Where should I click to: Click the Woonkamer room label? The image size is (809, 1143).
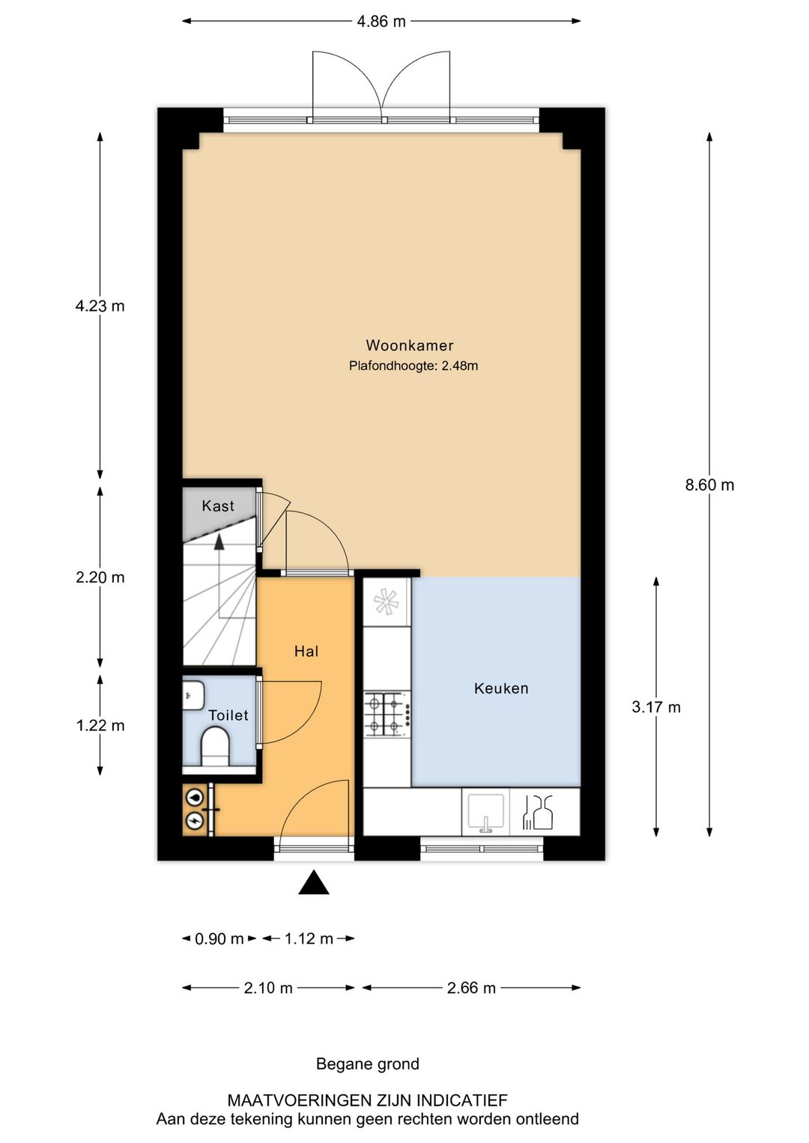click(409, 345)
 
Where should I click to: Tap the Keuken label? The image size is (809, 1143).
click(500, 688)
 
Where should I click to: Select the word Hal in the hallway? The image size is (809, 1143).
click(306, 651)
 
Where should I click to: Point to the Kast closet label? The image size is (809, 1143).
click(218, 506)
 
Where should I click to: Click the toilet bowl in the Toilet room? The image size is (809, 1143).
click(215, 747)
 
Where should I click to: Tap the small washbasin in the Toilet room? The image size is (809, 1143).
click(193, 694)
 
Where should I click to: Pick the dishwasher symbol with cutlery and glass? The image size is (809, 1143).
click(538, 813)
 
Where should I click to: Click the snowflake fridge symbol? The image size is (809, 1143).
click(387, 601)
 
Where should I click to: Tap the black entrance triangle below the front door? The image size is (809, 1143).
click(313, 882)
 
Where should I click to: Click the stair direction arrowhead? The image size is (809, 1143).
click(219, 542)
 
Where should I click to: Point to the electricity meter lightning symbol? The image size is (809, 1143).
click(196, 821)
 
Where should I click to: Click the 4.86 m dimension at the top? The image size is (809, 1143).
click(381, 22)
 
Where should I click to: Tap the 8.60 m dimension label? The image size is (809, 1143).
click(709, 485)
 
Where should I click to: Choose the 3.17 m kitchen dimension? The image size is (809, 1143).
click(656, 707)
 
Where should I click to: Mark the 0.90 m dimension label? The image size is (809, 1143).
click(219, 939)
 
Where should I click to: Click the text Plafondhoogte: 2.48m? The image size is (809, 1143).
click(413, 366)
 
